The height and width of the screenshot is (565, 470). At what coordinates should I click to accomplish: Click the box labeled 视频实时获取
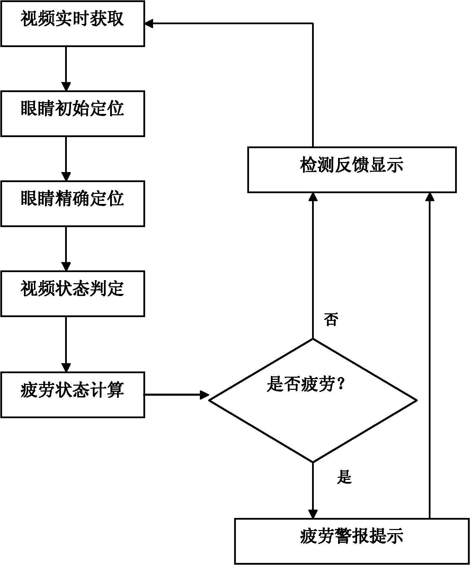coord(72,24)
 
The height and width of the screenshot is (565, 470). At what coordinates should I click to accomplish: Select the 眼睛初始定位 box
coord(72,114)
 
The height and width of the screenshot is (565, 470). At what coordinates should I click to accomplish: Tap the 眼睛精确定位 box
coord(72,204)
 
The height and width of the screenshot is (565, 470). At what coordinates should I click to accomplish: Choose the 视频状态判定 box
coord(72,294)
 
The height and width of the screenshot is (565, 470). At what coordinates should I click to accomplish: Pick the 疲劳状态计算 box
coord(72,395)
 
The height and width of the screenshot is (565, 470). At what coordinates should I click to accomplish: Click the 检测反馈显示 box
coord(352,170)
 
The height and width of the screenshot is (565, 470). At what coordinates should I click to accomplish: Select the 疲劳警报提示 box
coord(352,541)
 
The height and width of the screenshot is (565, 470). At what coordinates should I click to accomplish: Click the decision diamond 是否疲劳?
coord(313,401)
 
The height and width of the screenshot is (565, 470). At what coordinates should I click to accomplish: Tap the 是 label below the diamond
coord(344,477)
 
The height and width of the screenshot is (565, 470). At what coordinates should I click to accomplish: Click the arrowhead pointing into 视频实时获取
coord(149,24)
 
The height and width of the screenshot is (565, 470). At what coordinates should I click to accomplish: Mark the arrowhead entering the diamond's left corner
coord(204,395)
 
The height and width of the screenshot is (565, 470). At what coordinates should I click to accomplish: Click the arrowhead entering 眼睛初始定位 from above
coord(66,86)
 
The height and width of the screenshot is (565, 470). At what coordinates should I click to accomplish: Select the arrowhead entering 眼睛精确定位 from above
coord(66,176)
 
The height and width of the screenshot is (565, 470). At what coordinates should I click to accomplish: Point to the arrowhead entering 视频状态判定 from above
coord(66,266)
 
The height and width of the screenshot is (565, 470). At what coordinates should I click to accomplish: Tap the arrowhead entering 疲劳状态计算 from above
coord(66,367)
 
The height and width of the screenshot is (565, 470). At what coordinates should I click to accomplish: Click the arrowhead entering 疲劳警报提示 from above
coord(313,514)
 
